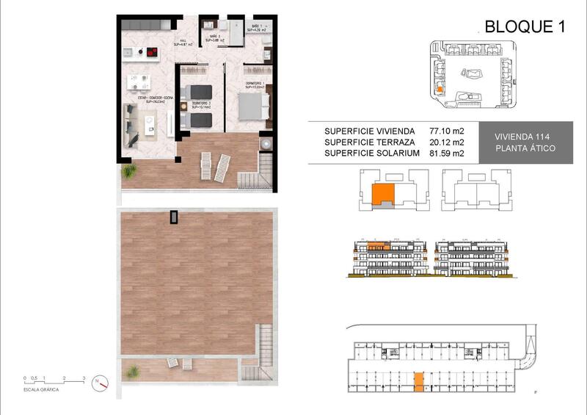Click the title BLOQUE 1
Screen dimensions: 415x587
coord(525,27)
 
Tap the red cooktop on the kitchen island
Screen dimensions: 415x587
coord(153,51)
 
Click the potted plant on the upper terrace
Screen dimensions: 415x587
coord(130,171)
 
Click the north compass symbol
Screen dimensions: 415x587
coord(103,383)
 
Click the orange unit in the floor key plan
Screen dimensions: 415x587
coord(382,195)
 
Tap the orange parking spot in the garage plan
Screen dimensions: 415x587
coord(418,381)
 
